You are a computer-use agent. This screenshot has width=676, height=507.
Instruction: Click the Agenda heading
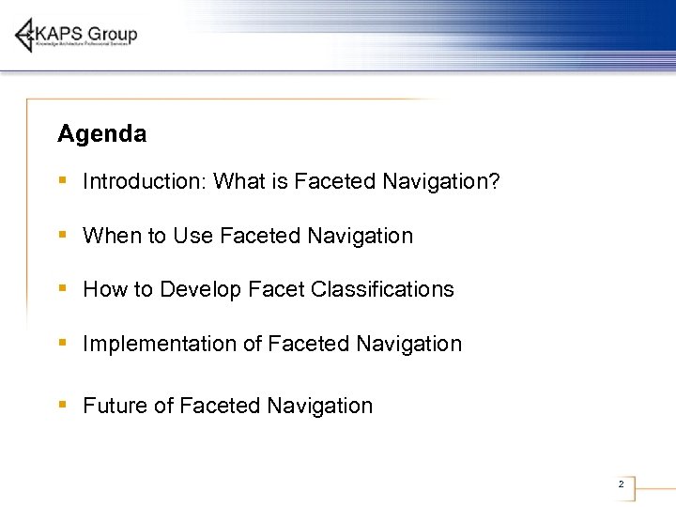101,134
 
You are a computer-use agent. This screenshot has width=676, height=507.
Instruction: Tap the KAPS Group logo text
86,34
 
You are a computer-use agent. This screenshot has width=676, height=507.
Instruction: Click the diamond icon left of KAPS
26,36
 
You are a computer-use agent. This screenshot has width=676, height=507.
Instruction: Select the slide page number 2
621,484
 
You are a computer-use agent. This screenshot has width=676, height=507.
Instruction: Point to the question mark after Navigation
494,181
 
